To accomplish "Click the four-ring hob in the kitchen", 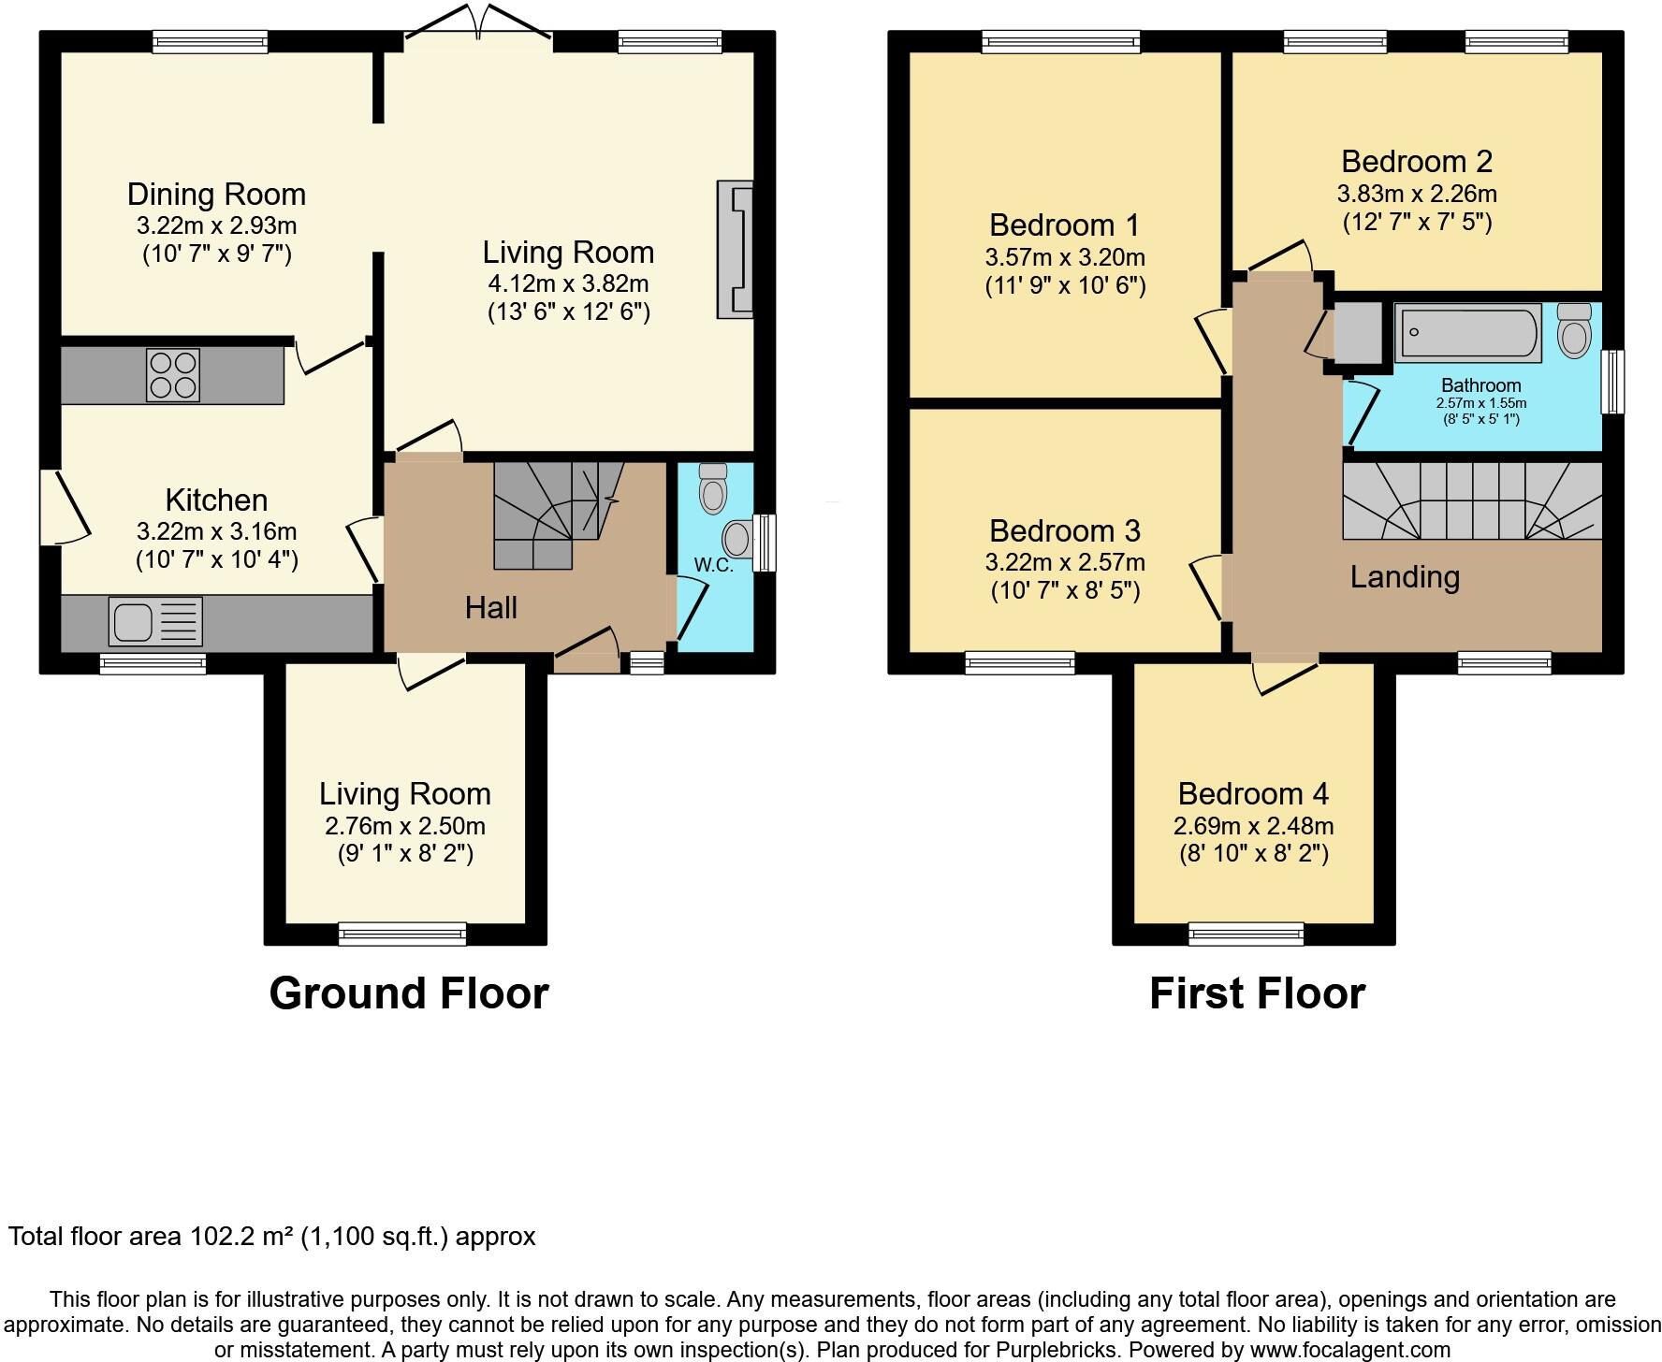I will pos(173,374).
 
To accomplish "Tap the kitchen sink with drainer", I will pos(155,621).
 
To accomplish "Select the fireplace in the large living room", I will pos(736,249).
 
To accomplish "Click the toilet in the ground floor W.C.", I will pos(713,487).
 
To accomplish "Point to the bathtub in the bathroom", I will pos(1467,332).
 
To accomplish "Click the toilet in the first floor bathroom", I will pos(1575,330).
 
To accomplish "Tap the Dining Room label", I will pos(216,195).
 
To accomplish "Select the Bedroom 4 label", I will pos(1253,793).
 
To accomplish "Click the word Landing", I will pos(1404,576).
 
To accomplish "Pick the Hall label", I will pos(491,608).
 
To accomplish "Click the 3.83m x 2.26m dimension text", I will pos(1416,194).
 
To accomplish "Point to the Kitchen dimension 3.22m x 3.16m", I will pos(216,531).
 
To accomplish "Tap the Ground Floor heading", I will pos(409,993).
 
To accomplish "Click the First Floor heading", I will pos(1257,993).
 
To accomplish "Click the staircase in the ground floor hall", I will pos(552,514).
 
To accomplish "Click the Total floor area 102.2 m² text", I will pos(271,1237).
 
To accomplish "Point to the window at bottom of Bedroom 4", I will pos(1246,933).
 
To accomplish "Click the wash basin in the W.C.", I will pos(738,539).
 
